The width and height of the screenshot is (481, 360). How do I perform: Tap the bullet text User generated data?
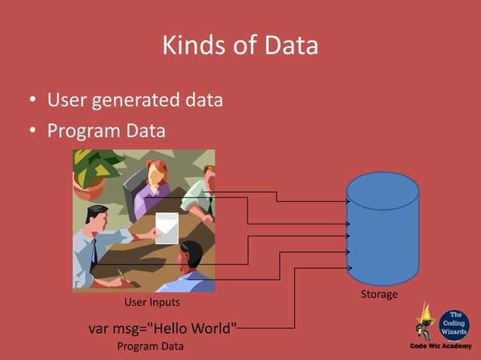135,99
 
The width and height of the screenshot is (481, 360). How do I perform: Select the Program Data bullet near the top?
106,131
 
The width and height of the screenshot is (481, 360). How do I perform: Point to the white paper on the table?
167,227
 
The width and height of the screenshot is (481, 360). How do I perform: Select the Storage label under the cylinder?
379,294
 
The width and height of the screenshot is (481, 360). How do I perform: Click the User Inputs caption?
152,303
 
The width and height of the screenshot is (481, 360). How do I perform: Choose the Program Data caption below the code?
151,346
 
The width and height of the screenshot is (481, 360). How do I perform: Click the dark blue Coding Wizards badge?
454,324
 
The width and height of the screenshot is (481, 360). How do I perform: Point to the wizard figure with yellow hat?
426,322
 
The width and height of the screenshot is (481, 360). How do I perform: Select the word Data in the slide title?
290,46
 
